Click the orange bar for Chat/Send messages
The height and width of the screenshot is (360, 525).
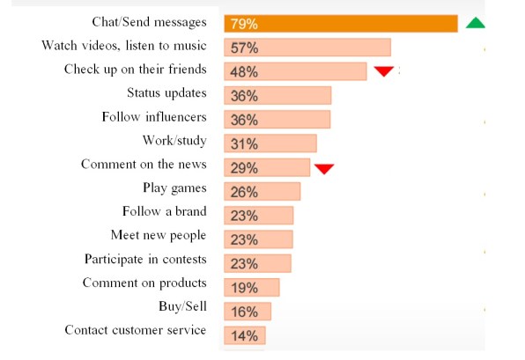(x=340, y=24)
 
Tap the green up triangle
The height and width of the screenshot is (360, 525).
(x=475, y=23)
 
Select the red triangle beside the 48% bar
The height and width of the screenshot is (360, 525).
(x=383, y=71)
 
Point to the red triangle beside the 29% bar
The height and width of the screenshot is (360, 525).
(x=324, y=168)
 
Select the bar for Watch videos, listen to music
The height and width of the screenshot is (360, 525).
(x=307, y=48)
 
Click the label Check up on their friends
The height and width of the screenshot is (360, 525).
(x=135, y=69)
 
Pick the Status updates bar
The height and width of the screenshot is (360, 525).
(x=277, y=95)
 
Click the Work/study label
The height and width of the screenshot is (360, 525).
(x=174, y=140)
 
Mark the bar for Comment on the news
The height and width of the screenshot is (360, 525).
(x=266, y=167)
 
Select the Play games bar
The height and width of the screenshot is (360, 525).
(x=261, y=191)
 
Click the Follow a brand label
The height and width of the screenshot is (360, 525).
(x=165, y=211)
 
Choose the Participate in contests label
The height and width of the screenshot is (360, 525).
(x=145, y=259)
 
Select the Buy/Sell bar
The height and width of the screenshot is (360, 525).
(x=247, y=311)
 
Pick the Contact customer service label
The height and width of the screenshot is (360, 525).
(x=135, y=330)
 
